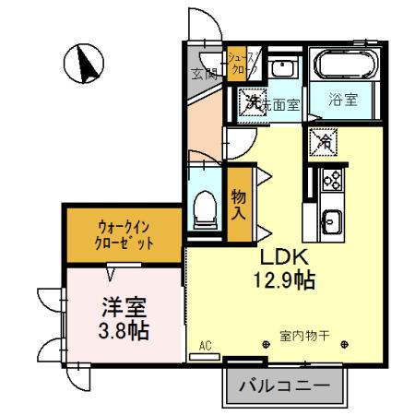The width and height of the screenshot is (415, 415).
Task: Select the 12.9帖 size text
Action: coord(285,279)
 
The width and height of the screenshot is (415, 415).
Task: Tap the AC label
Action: coord(206,346)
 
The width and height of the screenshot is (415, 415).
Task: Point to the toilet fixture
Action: coord(206,208)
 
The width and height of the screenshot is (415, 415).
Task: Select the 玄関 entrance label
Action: coord(204,74)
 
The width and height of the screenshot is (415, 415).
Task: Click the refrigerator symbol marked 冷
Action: coord(324,141)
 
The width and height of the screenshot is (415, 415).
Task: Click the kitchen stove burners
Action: coord(331,180)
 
